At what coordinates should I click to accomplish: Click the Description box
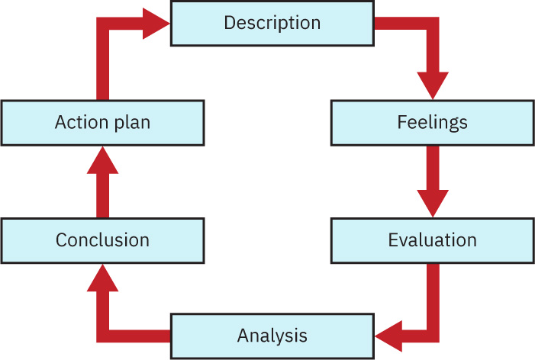[272, 24]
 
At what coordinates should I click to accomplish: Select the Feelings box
[433, 123]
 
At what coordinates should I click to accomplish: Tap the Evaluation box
[433, 240]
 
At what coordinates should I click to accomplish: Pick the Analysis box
[272, 336]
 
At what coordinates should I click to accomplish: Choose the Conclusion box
[103, 240]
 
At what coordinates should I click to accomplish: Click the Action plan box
[103, 123]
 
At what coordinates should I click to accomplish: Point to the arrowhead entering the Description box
[156, 24]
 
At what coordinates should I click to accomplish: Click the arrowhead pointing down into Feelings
[433, 85]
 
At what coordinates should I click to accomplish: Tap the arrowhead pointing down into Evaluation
[433, 204]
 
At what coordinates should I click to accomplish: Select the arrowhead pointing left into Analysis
[388, 336]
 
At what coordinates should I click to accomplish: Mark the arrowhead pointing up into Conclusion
[103, 278]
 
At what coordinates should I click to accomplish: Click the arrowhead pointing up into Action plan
[103, 160]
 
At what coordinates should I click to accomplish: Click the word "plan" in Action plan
[132, 124]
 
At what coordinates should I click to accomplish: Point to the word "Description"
[272, 24]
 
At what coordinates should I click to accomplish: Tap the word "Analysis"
[272, 336]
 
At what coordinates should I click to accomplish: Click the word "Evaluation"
[433, 240]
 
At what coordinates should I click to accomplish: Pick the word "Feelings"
[433, 123]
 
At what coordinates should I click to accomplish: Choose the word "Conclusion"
[103, 240]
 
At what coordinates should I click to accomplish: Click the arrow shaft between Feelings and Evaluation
[433, 168]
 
